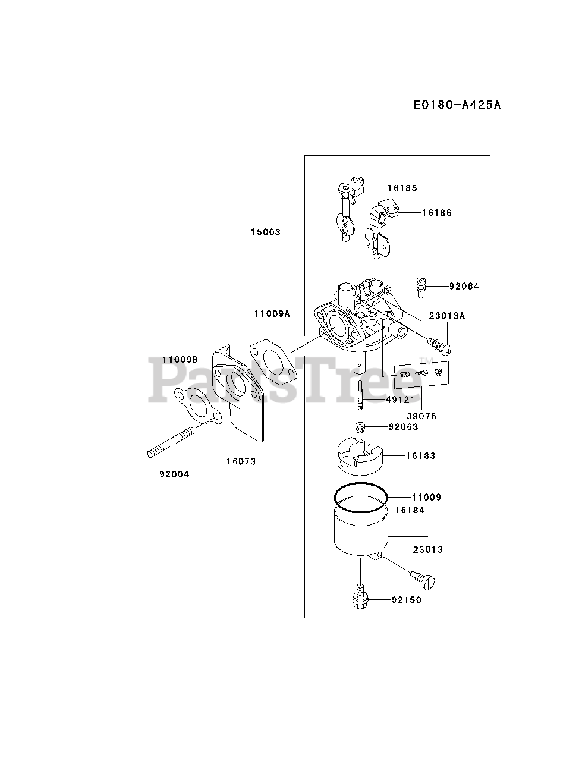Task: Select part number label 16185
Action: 402,188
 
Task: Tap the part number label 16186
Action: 436,212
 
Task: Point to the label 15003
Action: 265,232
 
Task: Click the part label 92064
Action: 464,286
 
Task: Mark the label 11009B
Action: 180,360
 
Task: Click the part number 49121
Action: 400,400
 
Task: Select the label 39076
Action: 421,416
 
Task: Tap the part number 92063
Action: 403,426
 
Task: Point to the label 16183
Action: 420,455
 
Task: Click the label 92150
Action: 406,600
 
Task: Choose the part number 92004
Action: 174,474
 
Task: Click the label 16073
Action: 241,461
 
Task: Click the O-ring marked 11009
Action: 360,498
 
